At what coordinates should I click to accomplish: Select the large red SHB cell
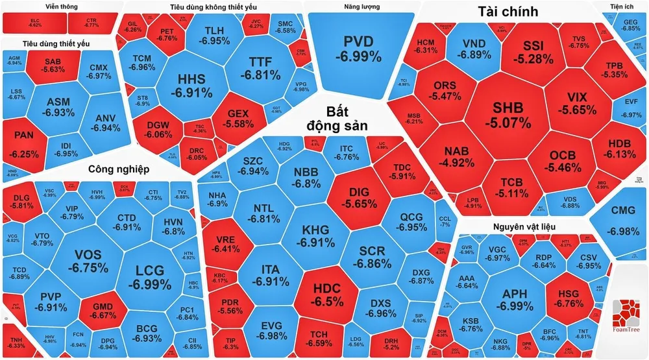tap(511, 114)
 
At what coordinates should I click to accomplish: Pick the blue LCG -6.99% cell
tap(145, 277)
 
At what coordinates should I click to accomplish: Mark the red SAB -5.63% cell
tap(53, 66)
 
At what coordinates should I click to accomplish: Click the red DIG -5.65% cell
tap(358, 197)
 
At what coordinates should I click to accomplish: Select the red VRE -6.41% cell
tap(226, 243)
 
